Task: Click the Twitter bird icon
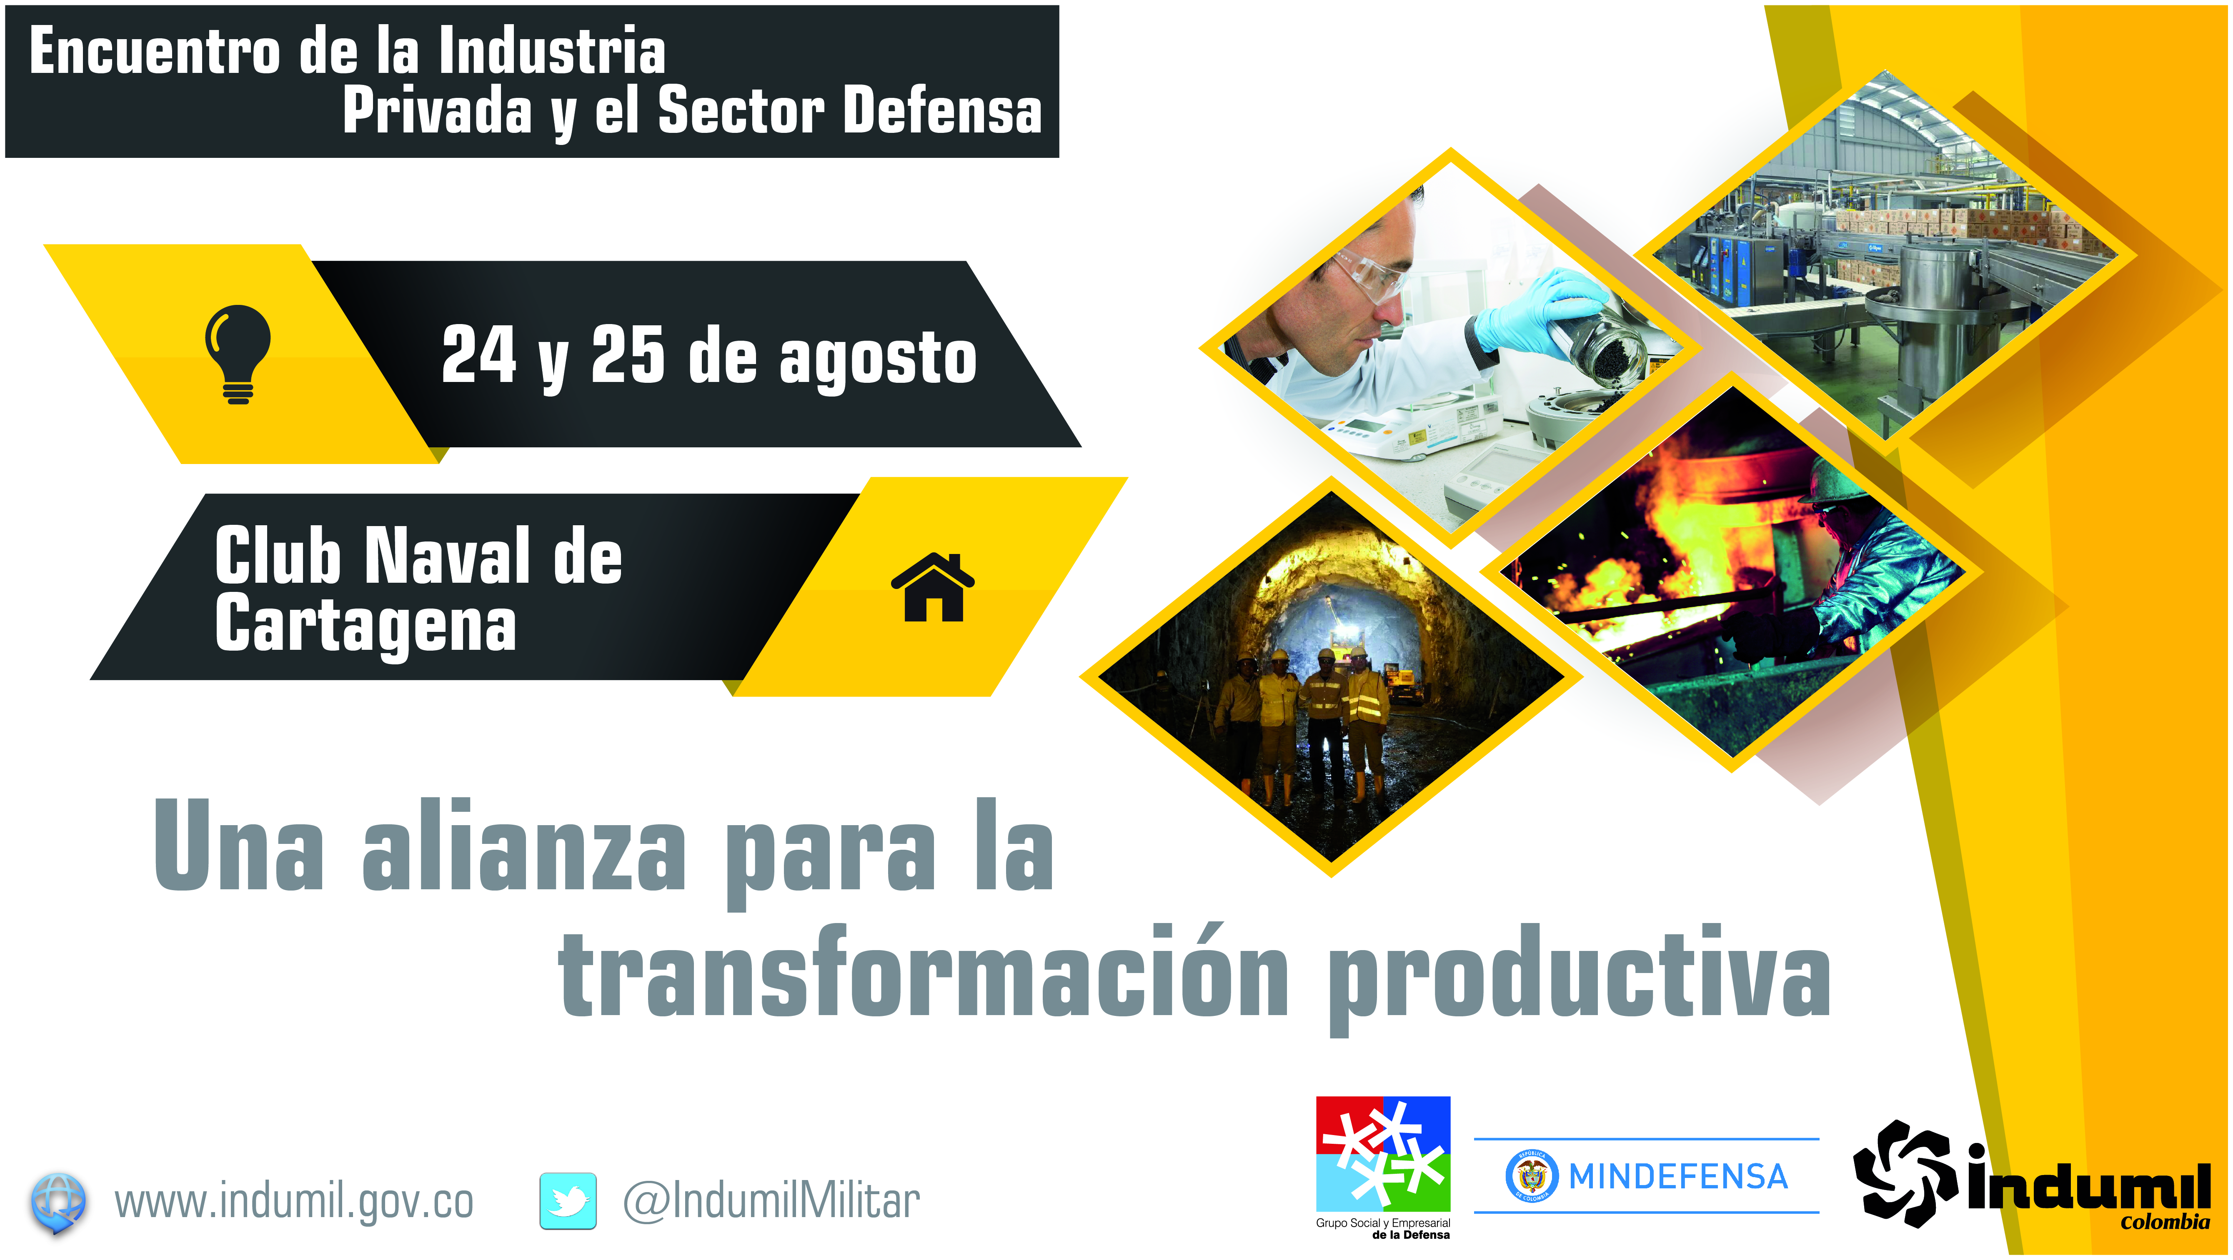point(568,1201)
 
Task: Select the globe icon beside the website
point(58,1203)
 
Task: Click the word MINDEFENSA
point(1678,1176)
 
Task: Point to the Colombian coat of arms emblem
point(1532,1176)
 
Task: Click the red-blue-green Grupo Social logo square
point(1383,1153)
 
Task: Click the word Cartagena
point(366,626)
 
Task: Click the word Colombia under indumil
point(2165,1223)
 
